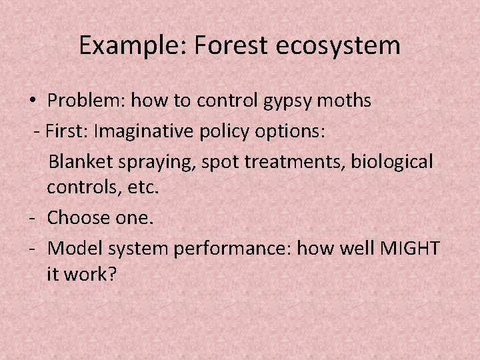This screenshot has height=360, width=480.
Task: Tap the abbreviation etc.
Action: click(x=143, y=189)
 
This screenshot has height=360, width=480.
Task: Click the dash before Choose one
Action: click(x=33, y=218)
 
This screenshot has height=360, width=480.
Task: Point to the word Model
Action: click(x=71, y=248)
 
